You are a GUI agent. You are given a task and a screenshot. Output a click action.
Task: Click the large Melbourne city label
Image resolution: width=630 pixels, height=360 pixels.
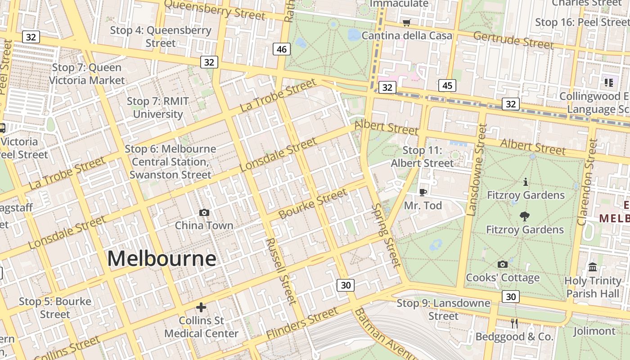(162, 259)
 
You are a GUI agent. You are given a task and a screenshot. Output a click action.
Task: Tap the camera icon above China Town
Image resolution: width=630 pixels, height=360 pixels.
(204, 212)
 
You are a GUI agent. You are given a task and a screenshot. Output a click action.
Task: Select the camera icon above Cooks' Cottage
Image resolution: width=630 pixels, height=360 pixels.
(503, 264)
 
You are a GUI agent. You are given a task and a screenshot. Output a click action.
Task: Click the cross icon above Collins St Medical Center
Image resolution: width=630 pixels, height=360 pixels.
(201, 307)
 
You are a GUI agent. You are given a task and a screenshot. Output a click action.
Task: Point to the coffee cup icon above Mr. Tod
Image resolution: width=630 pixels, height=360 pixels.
(423, 192)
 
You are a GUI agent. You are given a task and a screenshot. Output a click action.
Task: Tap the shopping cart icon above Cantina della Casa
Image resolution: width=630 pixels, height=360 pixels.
(407, 22)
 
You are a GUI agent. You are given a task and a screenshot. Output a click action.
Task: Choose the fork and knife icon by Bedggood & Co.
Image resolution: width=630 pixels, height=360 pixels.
(514, 323)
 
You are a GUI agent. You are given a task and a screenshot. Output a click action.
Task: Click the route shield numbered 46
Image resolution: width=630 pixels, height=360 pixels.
(282, 49)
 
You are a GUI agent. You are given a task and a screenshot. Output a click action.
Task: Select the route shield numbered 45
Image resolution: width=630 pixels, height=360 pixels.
(447, 85)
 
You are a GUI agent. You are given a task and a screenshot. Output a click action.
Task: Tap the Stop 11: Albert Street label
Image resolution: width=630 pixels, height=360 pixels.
(423, 157)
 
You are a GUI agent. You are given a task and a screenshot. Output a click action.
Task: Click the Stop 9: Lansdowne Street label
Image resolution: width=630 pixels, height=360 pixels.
(443, 310)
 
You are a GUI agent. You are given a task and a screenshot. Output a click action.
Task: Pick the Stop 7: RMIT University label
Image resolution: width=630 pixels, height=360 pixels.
(157, 108)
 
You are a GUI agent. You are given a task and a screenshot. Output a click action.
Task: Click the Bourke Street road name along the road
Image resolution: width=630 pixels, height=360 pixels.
(313, 204)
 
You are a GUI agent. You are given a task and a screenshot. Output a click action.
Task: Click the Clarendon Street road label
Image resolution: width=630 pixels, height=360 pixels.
(587, 182)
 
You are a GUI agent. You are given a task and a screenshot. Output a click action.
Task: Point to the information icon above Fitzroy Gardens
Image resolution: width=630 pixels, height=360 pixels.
(525, 182)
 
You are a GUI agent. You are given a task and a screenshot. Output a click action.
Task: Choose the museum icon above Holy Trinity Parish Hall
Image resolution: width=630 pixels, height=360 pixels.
(593, 267)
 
